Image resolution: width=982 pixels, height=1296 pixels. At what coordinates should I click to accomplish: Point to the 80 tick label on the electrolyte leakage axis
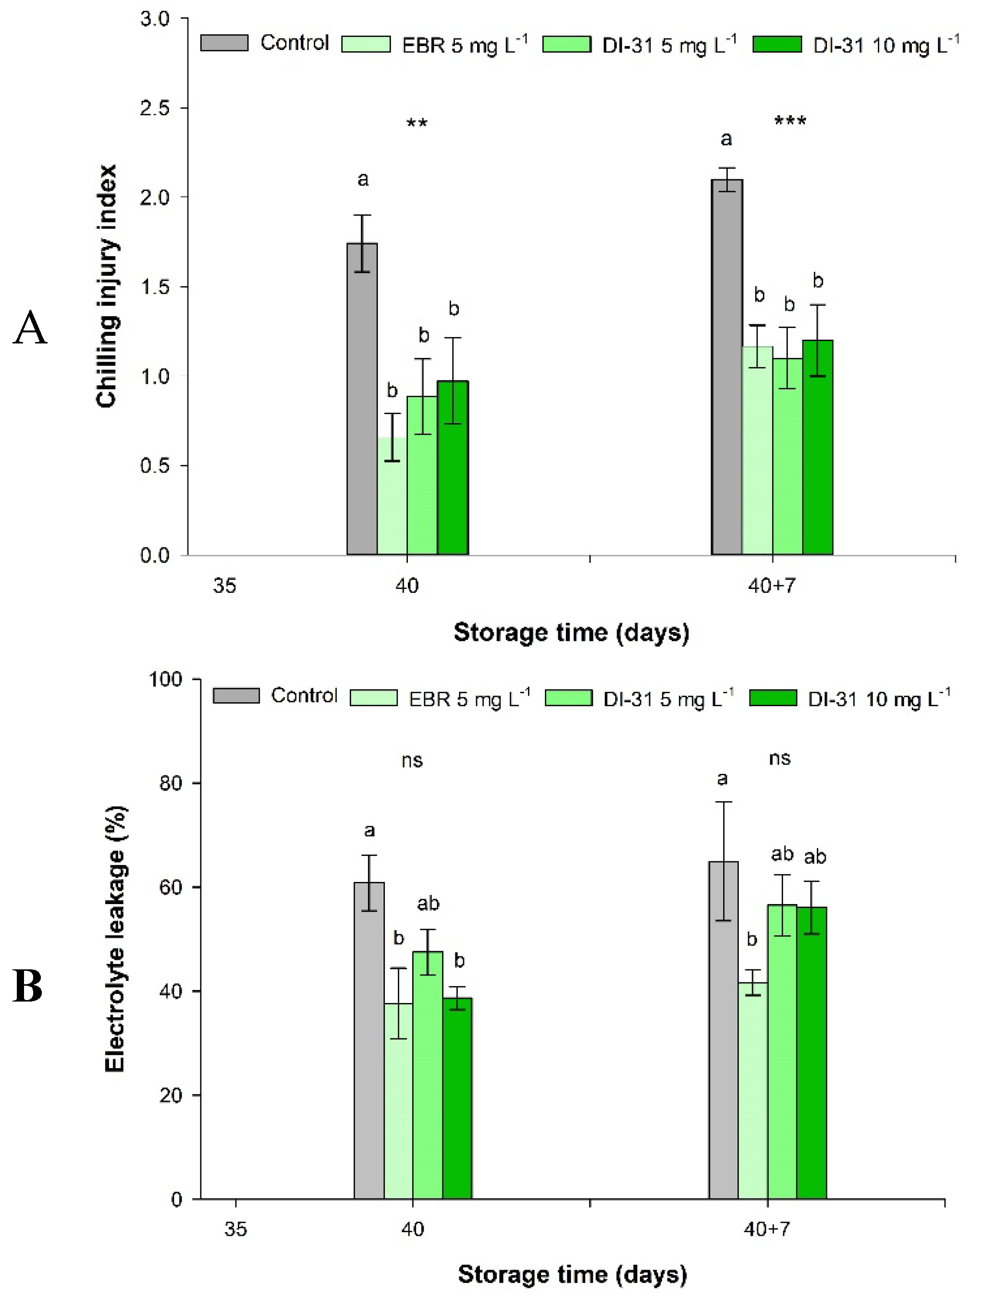[171, 783]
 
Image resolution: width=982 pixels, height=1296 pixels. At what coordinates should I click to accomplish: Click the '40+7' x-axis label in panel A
[772, 585]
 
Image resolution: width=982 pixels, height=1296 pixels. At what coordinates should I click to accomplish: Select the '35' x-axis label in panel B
[235, 1229]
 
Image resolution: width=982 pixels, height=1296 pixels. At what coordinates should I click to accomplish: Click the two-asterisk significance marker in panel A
[417, 123]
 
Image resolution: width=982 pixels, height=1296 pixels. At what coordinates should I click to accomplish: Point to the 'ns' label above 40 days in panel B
[412, 760]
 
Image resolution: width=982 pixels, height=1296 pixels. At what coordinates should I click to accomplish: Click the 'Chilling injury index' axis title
[107, 286]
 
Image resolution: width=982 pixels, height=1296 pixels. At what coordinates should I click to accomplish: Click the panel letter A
[30, 328]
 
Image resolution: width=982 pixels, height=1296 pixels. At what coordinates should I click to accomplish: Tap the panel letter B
[27, 987]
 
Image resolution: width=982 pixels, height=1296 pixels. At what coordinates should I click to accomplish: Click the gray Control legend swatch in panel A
[224, 43]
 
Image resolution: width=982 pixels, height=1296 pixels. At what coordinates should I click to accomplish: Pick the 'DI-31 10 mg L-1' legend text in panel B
[879, 698]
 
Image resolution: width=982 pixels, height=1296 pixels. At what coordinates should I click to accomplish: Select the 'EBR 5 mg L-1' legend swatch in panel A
[366, 44]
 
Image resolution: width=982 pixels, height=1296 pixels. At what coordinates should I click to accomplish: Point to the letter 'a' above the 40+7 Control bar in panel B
[723, 779]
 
